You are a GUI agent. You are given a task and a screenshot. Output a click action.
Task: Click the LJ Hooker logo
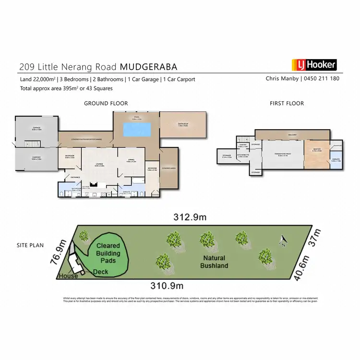click(314, 64)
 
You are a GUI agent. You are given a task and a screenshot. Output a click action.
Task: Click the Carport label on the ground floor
click(36, 158)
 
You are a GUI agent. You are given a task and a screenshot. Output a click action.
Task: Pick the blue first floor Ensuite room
click(336, 161)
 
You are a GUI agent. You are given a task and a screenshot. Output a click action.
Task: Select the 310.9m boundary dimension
click(166, 286)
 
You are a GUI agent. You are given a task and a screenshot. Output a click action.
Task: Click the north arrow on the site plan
click(283, 238)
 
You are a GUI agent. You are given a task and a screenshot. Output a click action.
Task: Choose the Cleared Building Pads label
click(109, 253)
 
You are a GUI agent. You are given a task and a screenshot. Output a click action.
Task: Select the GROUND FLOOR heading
click(106, 103)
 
